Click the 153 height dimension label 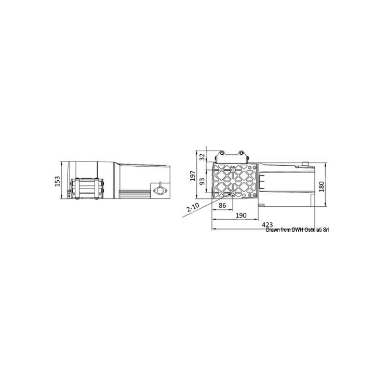coord(58,181)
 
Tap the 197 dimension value coord(193,176)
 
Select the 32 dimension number coord(202,157)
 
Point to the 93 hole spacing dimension coord(202,181)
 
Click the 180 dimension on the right coord(322,186)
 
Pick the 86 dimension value coord(222,205)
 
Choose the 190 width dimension coord(241,216)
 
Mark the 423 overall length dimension coord(268,225)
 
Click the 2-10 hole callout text coord(193,207)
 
